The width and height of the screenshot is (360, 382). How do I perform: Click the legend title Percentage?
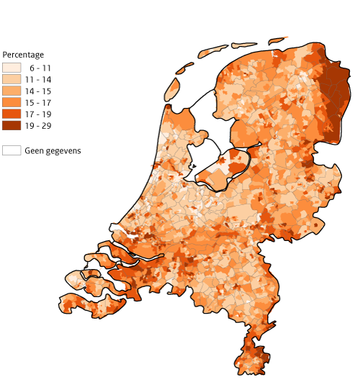point(23,55)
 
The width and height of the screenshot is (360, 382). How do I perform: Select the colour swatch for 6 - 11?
point(11,68)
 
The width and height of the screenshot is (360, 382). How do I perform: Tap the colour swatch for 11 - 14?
point(11,79)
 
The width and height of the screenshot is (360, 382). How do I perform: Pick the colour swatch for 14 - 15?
point(11,91)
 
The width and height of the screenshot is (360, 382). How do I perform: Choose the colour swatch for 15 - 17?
point(11,102)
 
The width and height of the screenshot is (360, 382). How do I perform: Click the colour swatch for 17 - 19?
point(11,114)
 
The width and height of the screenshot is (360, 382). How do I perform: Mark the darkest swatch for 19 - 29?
point(11,125)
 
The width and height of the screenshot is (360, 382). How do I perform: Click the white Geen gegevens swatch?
point(11,150)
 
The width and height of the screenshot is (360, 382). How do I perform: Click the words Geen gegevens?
point(53,150)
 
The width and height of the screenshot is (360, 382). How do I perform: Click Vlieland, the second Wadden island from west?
point(186,68)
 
